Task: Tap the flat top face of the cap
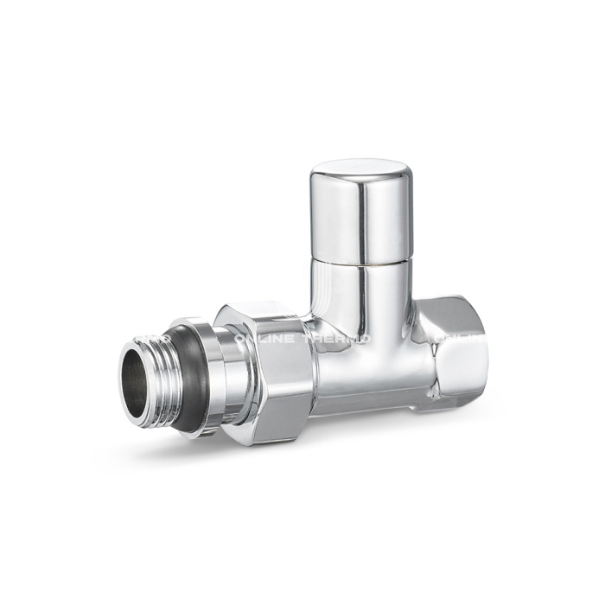pos(356,170)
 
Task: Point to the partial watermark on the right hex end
pos(458,341)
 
